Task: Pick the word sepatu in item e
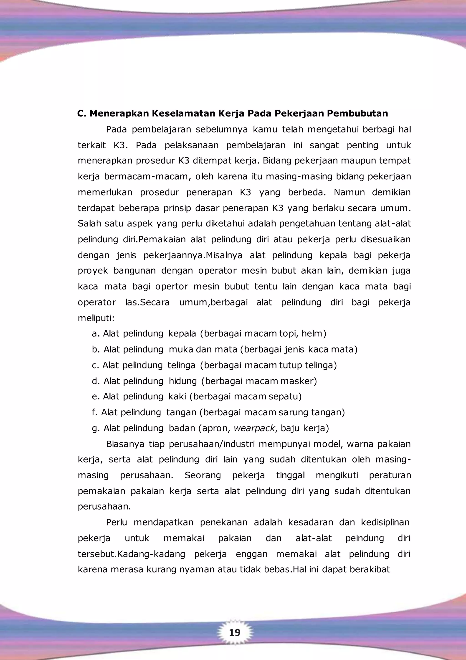click(x=285, y=397)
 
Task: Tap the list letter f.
click(x=94, y=412)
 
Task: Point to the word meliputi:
click(x=96, y=318)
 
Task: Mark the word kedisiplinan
click(x=385, y=522)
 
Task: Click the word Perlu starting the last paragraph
click(x=116, y=522)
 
